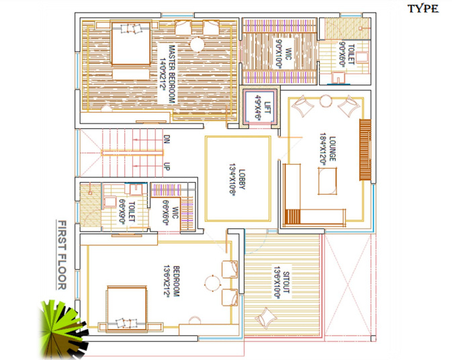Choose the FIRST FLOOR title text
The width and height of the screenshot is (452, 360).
click(x=62, y=255)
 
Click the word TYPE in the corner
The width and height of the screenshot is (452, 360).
click(x=423, y=9)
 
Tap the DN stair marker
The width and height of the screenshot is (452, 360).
click(x=167, y=141)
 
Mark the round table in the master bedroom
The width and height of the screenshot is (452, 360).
click(x=197, y=45)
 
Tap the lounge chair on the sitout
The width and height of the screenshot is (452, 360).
click(x=268, y=317)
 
